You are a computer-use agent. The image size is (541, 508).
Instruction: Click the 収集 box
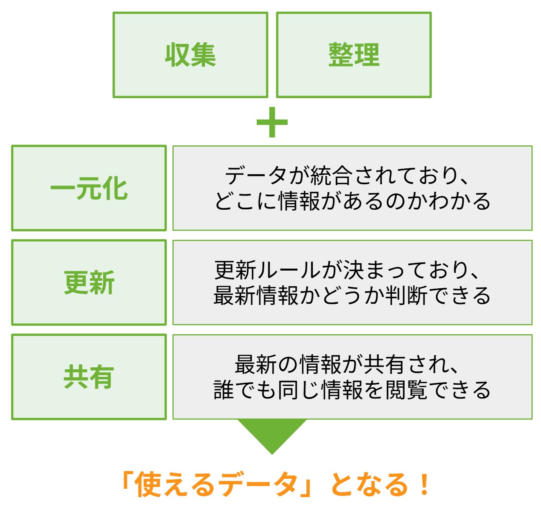[190, 55]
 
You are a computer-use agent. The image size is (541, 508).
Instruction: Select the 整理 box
[354, 55]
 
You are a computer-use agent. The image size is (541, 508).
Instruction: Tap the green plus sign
[272, 122]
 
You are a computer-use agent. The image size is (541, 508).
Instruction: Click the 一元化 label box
[89, 188]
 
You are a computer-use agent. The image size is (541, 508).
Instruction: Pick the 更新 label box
[89, 282]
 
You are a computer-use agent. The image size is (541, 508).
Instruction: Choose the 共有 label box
[89, 377]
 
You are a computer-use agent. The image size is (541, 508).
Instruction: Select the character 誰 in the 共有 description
[224, 390]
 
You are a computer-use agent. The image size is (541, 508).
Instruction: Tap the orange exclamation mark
[424, 485]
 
